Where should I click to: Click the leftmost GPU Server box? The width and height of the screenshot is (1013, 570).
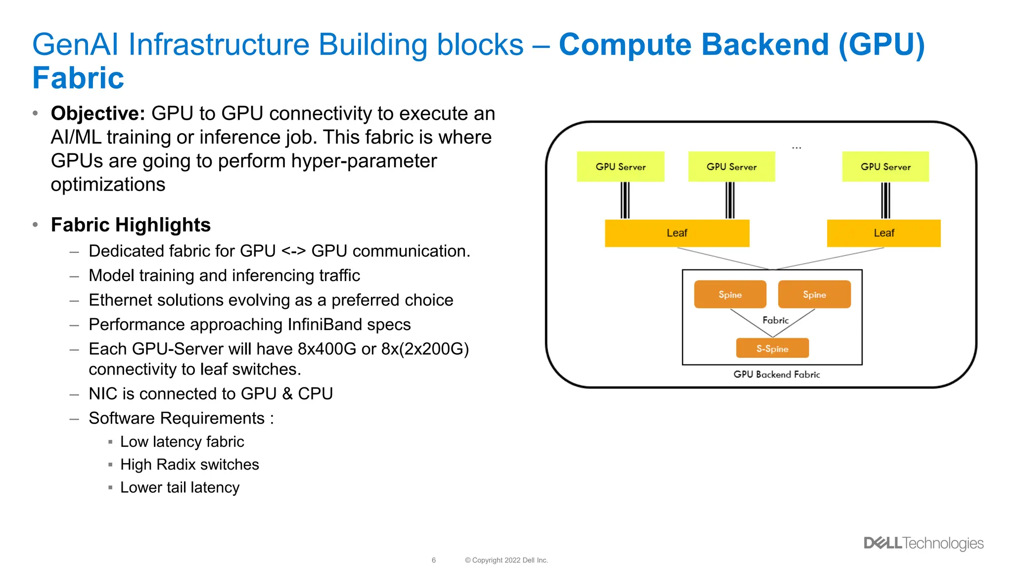[620, 167]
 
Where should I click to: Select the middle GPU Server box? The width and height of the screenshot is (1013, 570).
[731, 167]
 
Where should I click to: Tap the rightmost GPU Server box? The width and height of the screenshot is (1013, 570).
[885, 167]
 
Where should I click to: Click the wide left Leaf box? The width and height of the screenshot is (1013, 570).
[677, 233]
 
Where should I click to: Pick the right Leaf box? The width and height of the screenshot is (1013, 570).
[883, 233]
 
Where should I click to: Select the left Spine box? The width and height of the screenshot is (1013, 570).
[730, 294]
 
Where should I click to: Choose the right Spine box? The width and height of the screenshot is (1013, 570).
[814, 294]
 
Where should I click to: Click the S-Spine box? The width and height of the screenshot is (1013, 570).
[772, 348]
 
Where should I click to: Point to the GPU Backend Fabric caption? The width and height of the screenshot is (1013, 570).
[777, 375]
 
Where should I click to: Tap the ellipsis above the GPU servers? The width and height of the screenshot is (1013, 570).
[796, 147]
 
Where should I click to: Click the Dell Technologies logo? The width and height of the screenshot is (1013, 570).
[923, 543]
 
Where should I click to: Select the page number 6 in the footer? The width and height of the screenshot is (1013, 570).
[434, 560]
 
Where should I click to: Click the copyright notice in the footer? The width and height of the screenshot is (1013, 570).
[506, 560]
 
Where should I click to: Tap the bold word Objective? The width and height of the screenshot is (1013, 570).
[98, 114]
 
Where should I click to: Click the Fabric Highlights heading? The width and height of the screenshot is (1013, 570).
[131, 225]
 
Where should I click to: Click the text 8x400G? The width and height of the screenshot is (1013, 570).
[326, 349]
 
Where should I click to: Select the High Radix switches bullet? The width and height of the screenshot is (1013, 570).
[189, 465]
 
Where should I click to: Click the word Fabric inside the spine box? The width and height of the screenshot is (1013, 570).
[775, 320]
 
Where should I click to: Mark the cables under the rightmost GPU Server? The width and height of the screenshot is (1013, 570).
[885, 200]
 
